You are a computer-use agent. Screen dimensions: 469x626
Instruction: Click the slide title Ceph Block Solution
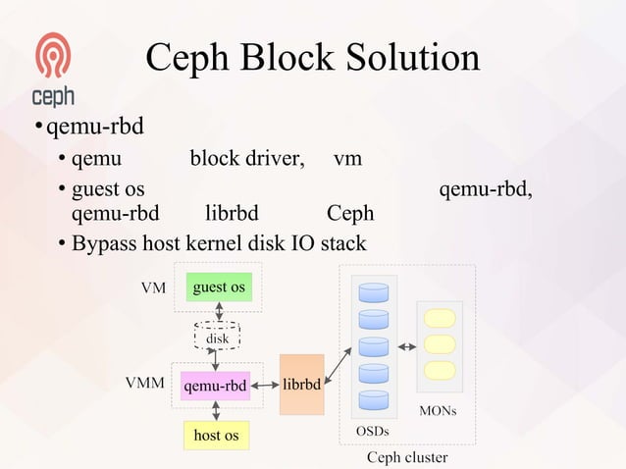tap(313, 58)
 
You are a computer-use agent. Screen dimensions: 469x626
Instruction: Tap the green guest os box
tap(219, 287)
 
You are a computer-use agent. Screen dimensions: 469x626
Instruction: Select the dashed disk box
tap(218, 338)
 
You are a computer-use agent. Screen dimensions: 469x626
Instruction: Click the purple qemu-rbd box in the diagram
tap(215, 386)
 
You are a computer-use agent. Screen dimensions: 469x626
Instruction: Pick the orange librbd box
tap(301, 385)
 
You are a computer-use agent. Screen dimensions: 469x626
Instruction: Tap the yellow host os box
tap(217, 434)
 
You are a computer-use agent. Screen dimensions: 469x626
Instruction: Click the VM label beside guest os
tap(152, 288)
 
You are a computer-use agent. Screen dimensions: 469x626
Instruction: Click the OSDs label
tap(372, 432)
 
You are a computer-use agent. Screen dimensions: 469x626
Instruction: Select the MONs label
tap(438, 410)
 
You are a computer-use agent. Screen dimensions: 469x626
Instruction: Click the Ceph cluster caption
tap(406, 457)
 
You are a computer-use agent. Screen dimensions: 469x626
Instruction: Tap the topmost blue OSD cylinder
tap(374, 292)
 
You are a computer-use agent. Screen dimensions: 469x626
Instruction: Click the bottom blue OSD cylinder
tap(374, 399)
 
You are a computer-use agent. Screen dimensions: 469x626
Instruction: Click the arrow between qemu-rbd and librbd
tap(264, 386)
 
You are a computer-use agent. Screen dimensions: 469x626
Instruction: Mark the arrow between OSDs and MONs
tap(408, 346)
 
